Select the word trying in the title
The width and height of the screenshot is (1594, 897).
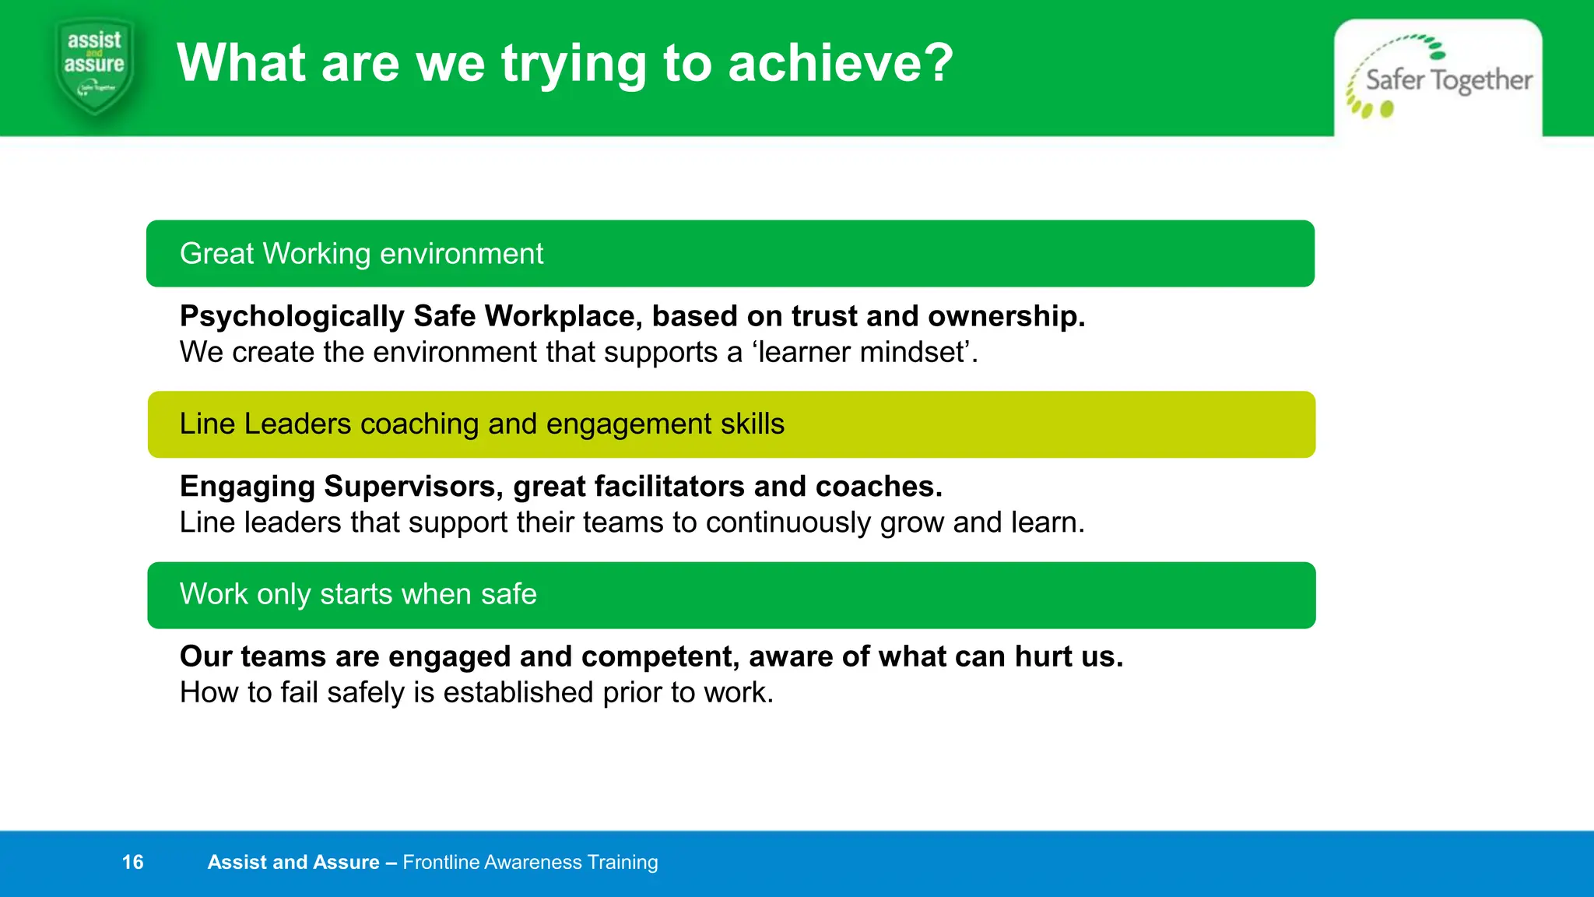(x=574, y=65)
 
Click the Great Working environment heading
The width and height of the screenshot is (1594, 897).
(x=361, y=254)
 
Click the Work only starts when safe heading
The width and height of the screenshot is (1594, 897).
(x=358, y=595)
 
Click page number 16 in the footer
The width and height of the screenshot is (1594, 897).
(x=133, y=862)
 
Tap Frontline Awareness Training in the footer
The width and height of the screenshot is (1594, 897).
(x=530, y=862)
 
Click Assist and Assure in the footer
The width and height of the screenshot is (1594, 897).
(x=293, y=862)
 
